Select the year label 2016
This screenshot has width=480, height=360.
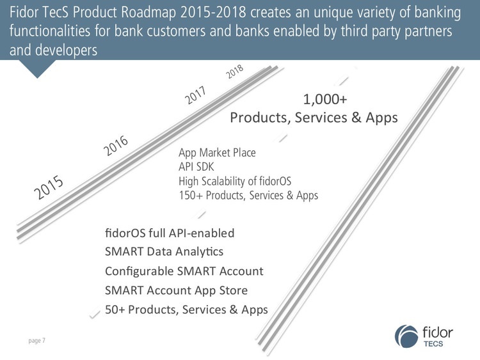click(116, 146)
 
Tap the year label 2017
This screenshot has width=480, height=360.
click(198, 97)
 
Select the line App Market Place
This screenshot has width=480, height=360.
click(217, 153)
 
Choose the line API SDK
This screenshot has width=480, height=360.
click(196, 167)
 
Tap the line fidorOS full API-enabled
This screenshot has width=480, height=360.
click(169, 232)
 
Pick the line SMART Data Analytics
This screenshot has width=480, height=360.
click(163, 251)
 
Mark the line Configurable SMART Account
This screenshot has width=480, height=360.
click(184, 270)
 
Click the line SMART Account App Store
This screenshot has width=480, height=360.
click(175, 290)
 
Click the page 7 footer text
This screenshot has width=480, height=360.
click(36, 341)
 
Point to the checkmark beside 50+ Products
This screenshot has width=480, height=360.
click(94, 312)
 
